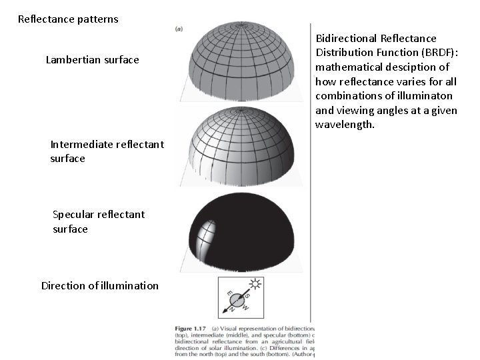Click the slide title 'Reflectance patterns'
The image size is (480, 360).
[x=68, y=19]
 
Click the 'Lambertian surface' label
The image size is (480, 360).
[x=92, y=60]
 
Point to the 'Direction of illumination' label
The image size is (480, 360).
[x=100, y=286]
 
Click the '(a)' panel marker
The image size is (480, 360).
[x=179, y=28]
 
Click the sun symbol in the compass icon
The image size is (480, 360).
[x=255, y=285]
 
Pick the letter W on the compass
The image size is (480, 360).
[x=245, y=307]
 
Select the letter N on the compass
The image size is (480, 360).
[x=233, y=309]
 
